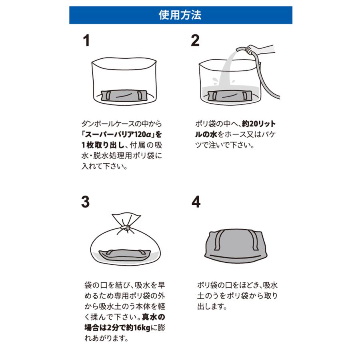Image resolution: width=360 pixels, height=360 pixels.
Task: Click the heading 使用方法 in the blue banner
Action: point(180,15)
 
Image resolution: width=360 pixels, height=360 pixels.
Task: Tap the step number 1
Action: point(86,41)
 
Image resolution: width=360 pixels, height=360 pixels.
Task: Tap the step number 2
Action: point(195,41)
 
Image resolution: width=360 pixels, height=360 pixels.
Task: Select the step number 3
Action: point(86,202)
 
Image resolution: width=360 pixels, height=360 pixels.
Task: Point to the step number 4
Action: point(196,202)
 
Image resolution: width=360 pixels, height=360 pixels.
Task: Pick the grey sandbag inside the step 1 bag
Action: point(124,96)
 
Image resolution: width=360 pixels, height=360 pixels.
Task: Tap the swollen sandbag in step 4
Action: point(236,246)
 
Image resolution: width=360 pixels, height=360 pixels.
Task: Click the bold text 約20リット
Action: point(258,124)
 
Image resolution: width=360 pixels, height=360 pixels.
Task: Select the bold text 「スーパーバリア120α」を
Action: point(122,134)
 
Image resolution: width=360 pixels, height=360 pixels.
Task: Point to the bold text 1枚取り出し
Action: point(103,145)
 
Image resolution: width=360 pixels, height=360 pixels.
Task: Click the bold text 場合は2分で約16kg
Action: point(117,328)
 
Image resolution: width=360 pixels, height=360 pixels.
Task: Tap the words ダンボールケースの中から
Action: point(122,124)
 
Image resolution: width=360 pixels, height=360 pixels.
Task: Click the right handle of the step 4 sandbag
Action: point(254,240)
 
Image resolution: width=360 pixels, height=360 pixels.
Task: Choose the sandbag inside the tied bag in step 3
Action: point(125,255)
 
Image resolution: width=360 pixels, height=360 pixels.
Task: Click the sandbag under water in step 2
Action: point(230,96)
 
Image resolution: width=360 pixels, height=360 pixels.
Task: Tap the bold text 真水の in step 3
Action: point(153,317)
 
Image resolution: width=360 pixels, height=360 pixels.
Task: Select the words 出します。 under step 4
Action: point(212,306)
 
